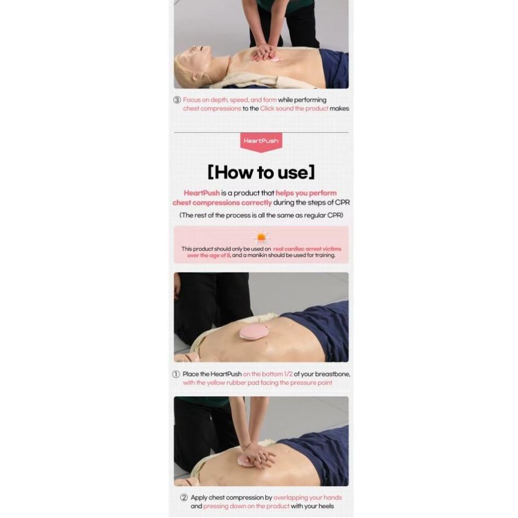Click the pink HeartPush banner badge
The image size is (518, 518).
pos(261,142)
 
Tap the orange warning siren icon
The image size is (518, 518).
pos(261,237)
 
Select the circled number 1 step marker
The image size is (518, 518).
pos(176,374)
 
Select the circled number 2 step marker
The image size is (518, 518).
pos(184,497)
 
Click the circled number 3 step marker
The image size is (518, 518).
pos(177,100)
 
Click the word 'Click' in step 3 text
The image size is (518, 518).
pos(267,108)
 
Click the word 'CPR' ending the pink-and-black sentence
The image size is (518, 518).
pos(342,202)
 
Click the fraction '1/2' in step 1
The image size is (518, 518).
pos(289,374)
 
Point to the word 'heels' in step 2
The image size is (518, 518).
pos(325,506)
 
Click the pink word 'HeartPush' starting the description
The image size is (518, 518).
pos(202,193)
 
